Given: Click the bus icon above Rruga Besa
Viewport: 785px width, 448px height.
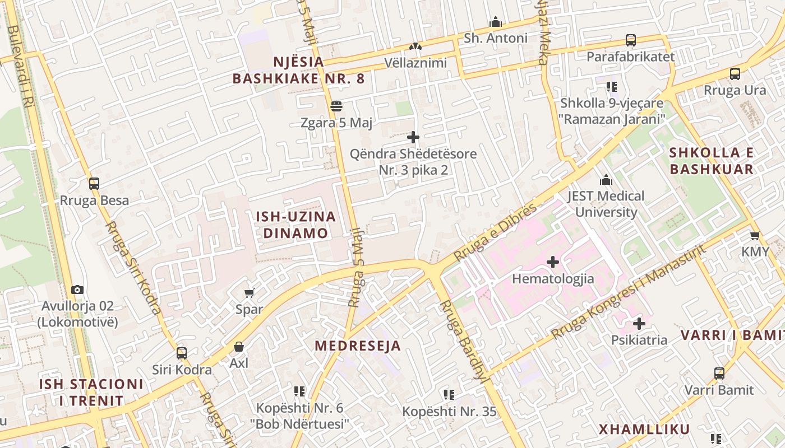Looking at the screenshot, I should click(x=94, y=183).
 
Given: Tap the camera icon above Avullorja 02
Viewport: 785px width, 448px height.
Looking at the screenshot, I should click(x=77, y=290).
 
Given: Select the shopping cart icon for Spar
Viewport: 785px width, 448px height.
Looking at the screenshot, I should click(x=250, y=293).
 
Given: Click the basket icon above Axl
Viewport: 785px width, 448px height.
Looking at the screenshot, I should click(x=239, y=347).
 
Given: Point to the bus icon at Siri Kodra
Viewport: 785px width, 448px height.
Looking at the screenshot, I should click(x=182, y=353).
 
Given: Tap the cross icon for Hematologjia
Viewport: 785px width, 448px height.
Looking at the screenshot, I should click(x=553, y=262).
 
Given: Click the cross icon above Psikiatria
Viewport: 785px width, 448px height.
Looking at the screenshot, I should click(x=639, y=323).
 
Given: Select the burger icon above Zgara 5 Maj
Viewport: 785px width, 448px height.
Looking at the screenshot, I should click(x=336, y=105).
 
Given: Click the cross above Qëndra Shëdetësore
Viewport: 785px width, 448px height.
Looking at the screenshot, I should click(x=413, y=137).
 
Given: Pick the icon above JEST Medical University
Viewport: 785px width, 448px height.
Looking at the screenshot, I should click(x=606, y=180).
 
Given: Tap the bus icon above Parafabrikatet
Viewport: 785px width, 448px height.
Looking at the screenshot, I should click(x=631, y=40).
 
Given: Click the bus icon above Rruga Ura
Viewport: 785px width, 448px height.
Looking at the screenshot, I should click(x=735, y=73).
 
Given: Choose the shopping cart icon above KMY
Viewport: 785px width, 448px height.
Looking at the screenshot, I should click(x=755, y=235).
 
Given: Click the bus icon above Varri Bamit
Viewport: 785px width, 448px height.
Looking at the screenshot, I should click(x=719, y=373).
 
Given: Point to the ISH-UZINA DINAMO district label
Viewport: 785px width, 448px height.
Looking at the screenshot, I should click(x=295, y=225).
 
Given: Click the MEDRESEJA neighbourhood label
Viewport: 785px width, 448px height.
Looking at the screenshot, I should click(x=358, y=346).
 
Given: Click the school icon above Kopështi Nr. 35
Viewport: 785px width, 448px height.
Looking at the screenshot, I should click(x=449, y=395).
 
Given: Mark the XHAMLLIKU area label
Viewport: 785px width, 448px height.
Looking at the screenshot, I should click(x=644, y=430).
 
